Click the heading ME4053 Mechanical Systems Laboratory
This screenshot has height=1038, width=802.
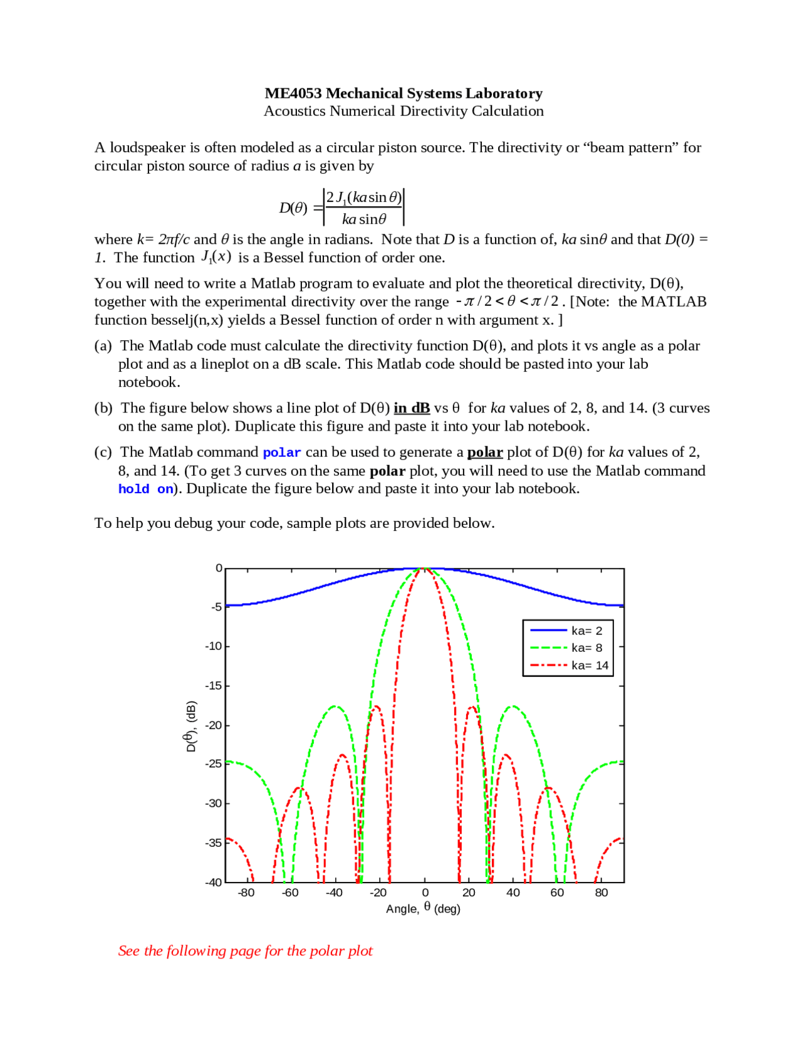pyautogui.click(x=404, y=93)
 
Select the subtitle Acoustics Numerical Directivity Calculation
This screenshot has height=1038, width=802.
pyautogui.click(x=404, y=111)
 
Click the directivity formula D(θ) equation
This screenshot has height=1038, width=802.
pyautogui.click(x=342, y=207)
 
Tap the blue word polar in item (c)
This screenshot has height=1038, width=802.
pyautogui.click(x=282, y=453)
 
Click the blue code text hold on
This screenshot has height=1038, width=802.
pyautogui.click(x=146, y=490)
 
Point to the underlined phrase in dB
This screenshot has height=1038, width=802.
pyautogui.click(x=412, y=408)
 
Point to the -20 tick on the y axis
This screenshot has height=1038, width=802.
pyautogui.click(x=214, y=725)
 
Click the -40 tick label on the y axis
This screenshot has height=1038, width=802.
pyautogui.click(x=214, y=882)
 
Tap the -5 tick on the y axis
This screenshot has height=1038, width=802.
pyautogui.click(x=216, y=607)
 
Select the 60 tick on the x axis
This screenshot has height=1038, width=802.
pyautogui.click(x=557, y=893)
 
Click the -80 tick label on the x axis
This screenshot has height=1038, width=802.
pyautogui.click(x=246, y=893)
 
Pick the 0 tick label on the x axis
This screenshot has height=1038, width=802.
pyautogui.click(x=425, y=893)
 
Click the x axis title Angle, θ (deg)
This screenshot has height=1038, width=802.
pyautogui.click(x=423, y=908)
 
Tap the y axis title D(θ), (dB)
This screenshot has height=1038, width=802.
pyautogui.click(x=190, y=726)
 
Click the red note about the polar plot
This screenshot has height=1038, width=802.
pyautogui.click(x=245, y=951)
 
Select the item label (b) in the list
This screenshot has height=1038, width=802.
pyautogui.click(x=103, y=408)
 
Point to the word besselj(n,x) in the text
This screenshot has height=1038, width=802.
pyautogui.click(x=187, y=320)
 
